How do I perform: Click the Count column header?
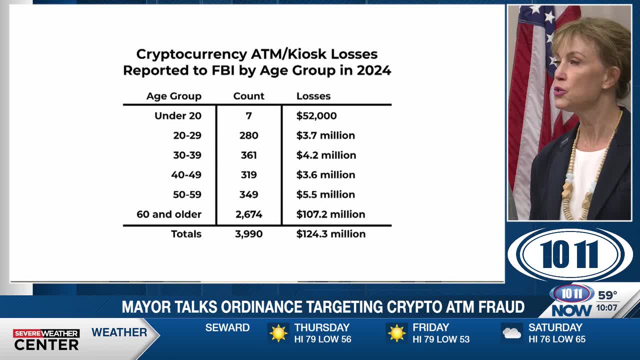tap(248, 96)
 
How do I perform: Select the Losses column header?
tap(313, 96)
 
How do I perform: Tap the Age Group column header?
tap(173, 96)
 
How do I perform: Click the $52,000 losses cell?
tap(316, 116)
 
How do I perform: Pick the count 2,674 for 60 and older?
tap(248, 214)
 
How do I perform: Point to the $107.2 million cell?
tap(330, 214)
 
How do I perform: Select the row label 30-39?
tap(187, 155)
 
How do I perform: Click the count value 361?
tap(248, 155)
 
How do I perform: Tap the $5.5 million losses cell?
tap(325, 194)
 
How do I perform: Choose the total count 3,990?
tap(248, 234)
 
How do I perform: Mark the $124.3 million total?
tap(330, 234)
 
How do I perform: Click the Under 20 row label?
tap(177, 116)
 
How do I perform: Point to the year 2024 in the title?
tap(373, 70)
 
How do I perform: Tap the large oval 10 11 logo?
tap(570, 254)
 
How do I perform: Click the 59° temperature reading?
tap(607, 295)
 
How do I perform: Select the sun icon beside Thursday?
tap(278, 333)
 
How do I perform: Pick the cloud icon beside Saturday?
tap(512, 333)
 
